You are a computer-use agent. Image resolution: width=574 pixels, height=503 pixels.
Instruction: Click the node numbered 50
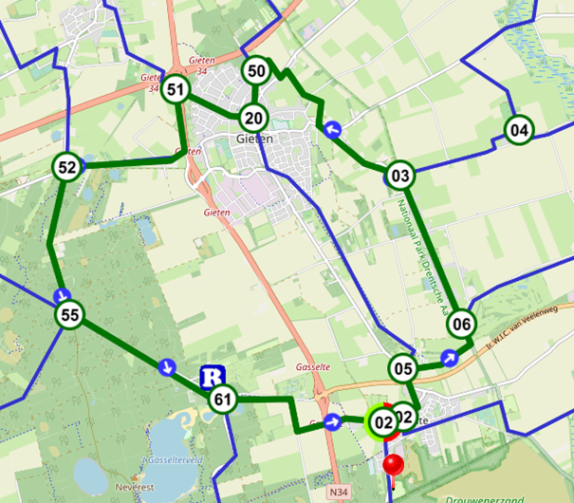coord(256,70)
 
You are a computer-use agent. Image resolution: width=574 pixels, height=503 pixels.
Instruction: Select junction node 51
coord(175,90)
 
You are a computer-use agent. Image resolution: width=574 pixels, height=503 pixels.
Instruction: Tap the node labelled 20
coord(252,118)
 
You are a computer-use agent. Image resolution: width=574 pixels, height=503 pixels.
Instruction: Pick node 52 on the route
coord(66,168)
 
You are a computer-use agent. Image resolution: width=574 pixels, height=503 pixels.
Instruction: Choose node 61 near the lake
coord(223,400)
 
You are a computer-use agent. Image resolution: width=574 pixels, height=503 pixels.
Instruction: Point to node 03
coord(400,175)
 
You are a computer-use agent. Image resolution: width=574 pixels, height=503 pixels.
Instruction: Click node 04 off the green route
coord(518,129)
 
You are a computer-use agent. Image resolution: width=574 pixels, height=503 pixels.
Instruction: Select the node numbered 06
coord(461,323)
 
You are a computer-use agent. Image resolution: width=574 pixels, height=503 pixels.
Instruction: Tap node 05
coord(403,368)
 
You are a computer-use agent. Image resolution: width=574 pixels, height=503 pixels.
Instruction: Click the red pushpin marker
coord(392,465)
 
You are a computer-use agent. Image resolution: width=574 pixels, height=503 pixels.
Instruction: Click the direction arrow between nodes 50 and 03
coord(332,129)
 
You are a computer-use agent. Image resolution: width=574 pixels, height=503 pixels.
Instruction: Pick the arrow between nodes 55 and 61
coord(167,365)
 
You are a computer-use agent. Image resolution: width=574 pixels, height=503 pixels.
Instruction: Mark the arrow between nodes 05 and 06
coord(451,358)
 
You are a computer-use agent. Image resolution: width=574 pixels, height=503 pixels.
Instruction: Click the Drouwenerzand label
coord(485,497)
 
